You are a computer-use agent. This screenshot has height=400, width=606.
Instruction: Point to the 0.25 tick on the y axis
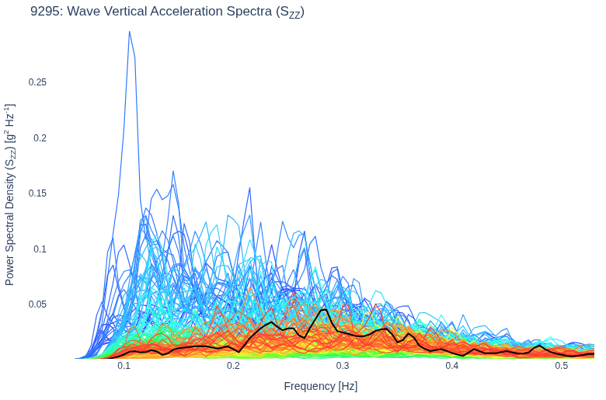click(37, 82)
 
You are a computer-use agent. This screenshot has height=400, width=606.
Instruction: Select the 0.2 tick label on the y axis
click(40, 138)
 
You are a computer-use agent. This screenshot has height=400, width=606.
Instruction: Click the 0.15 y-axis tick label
click(37, 193)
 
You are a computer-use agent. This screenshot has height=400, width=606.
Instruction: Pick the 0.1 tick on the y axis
click(40, 249)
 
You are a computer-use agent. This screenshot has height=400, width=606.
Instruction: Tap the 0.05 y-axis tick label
click(37, 304)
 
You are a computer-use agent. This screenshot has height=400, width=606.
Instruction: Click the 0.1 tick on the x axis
click(124, 366)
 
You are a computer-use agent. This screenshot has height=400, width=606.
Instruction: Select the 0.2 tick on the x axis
click(233, 366)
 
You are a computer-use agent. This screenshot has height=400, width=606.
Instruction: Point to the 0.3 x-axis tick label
click(343, 366)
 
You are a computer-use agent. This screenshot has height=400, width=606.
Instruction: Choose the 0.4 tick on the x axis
click(452, 366)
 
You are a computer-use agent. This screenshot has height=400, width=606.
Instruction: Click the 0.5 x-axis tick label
click(562, 366)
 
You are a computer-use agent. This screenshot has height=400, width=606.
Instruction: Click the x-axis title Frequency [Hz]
click(321, 386)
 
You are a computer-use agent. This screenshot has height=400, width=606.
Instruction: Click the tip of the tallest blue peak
click(130, 32)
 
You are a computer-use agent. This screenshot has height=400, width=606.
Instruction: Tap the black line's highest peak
click(325, 309)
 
